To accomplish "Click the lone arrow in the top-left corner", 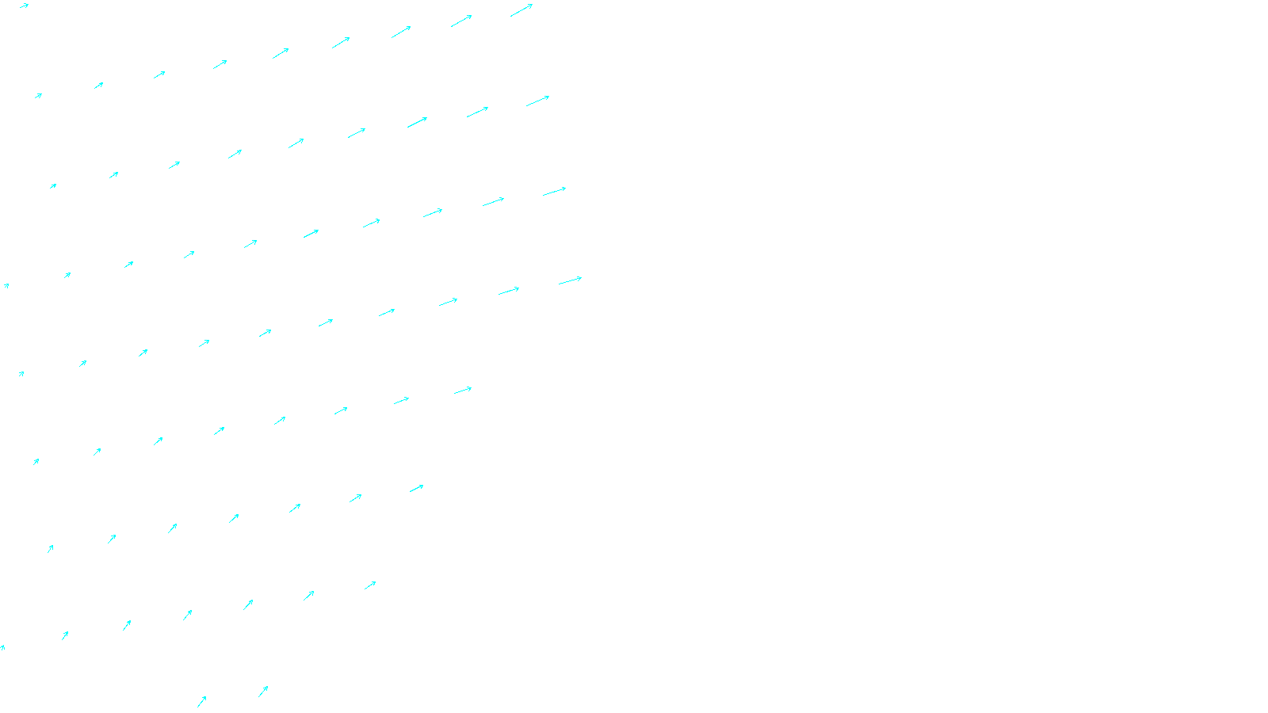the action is click(x=24, y=6).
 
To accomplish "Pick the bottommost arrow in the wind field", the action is click(x=202, y=701).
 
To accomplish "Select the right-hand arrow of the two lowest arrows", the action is click(x=263, y=691).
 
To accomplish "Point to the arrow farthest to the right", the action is click(x=570, y=280).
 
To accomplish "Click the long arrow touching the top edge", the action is click(x=521, y=10).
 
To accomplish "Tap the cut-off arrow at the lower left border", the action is click(x=2, y=648).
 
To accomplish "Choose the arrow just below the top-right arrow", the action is click(x=537, y=101).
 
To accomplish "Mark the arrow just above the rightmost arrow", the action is click(x=554, y=192).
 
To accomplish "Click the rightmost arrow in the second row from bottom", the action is click(x=370, y=585).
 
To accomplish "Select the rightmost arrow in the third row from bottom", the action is click(x=416, y=489).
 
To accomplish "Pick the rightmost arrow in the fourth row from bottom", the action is click(x=463, y=390).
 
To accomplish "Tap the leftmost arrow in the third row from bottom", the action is click(x=50, y=548).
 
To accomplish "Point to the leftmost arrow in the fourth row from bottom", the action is click(x=36, y=461).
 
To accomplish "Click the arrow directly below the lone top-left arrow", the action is click(x=38, y=96).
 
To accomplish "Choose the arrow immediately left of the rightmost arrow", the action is click(x=509, y=291).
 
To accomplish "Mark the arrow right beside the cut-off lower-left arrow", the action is click(x=65, y=635).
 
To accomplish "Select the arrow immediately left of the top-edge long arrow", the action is click(x=461, y=21).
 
